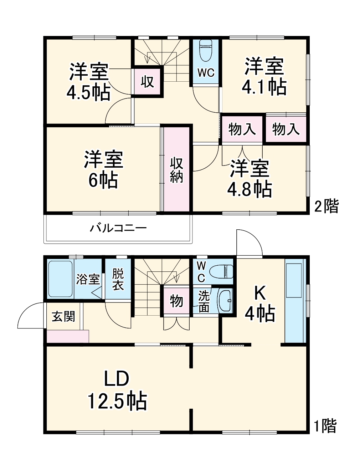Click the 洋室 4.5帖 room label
pos(88,82)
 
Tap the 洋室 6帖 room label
pos(103,170)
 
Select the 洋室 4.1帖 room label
pos(264,76)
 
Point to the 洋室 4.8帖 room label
pos(250,179)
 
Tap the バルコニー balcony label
pos(118,228)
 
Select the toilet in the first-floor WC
pos(221,272)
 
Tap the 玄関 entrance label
pos(63,316)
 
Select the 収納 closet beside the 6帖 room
pos(176,170)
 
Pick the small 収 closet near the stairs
pos(147,82)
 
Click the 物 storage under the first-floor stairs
pos(176,301)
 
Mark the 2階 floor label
pos(326,206)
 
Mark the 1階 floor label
pos(325,426)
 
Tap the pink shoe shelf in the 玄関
pos(68,336)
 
